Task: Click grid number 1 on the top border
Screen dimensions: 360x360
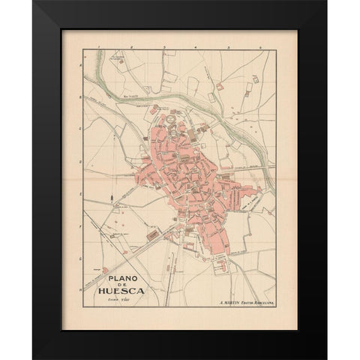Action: [98, 46]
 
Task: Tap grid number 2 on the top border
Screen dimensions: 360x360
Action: [130, 46]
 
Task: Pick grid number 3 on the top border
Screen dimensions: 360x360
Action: [163, 46]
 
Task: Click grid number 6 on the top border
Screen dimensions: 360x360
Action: [259, 46]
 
